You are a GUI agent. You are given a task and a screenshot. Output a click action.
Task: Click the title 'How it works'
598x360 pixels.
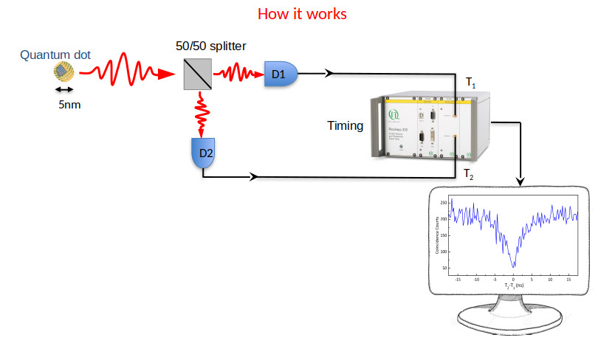[x=301, y=14]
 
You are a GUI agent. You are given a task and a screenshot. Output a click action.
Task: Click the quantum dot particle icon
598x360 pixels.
[x=63, y=72]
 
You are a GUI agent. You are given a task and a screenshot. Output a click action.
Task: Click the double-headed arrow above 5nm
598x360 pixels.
[x=63, y=89]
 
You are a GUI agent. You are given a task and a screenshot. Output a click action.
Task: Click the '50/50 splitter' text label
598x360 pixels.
[x=210, y=46]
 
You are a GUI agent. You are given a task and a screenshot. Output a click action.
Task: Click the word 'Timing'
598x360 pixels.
[x=345, y=126]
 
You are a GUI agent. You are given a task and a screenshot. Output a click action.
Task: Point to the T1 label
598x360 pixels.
[x=470, y=81]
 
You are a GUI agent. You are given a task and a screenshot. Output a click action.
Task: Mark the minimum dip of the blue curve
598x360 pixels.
[x=514, y=266]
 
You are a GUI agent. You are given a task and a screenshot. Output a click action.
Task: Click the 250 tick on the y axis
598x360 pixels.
[x=444, y=202]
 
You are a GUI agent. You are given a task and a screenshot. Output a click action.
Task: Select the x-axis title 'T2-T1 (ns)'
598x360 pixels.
[x=514, y=285]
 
